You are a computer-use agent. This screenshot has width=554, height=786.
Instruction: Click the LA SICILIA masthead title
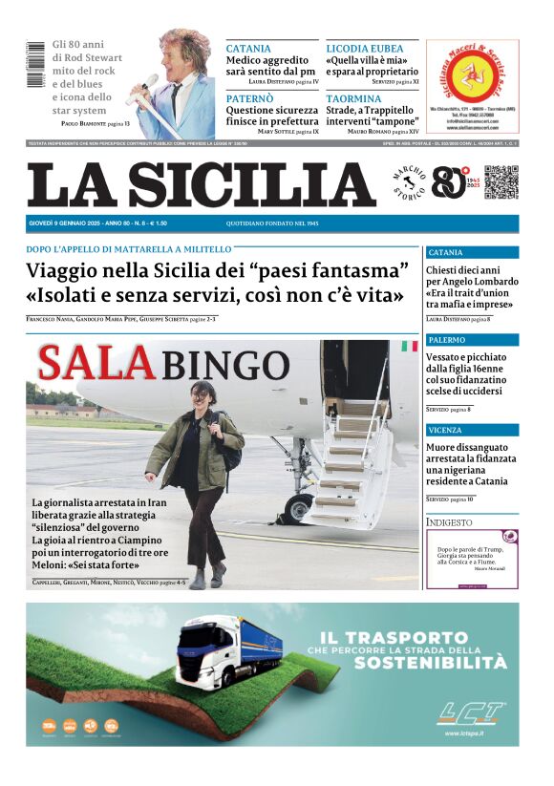[201, 184]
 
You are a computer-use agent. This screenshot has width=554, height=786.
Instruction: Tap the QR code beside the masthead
[501, 181]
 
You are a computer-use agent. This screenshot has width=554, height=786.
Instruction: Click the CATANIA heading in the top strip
[248, 48]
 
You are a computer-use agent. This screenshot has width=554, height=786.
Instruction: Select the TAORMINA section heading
[353, 97]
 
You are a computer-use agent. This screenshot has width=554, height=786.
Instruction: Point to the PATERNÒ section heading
[250, 97]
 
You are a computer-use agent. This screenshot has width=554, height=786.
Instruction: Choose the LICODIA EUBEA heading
[365, 48]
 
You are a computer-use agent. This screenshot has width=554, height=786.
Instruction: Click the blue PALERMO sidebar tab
[472, 340]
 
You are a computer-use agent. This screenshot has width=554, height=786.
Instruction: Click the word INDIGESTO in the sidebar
[450, 522]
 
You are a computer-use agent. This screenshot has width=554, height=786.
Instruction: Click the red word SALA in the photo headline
[95, 364]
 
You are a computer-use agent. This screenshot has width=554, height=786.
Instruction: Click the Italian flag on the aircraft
[409, 346]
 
